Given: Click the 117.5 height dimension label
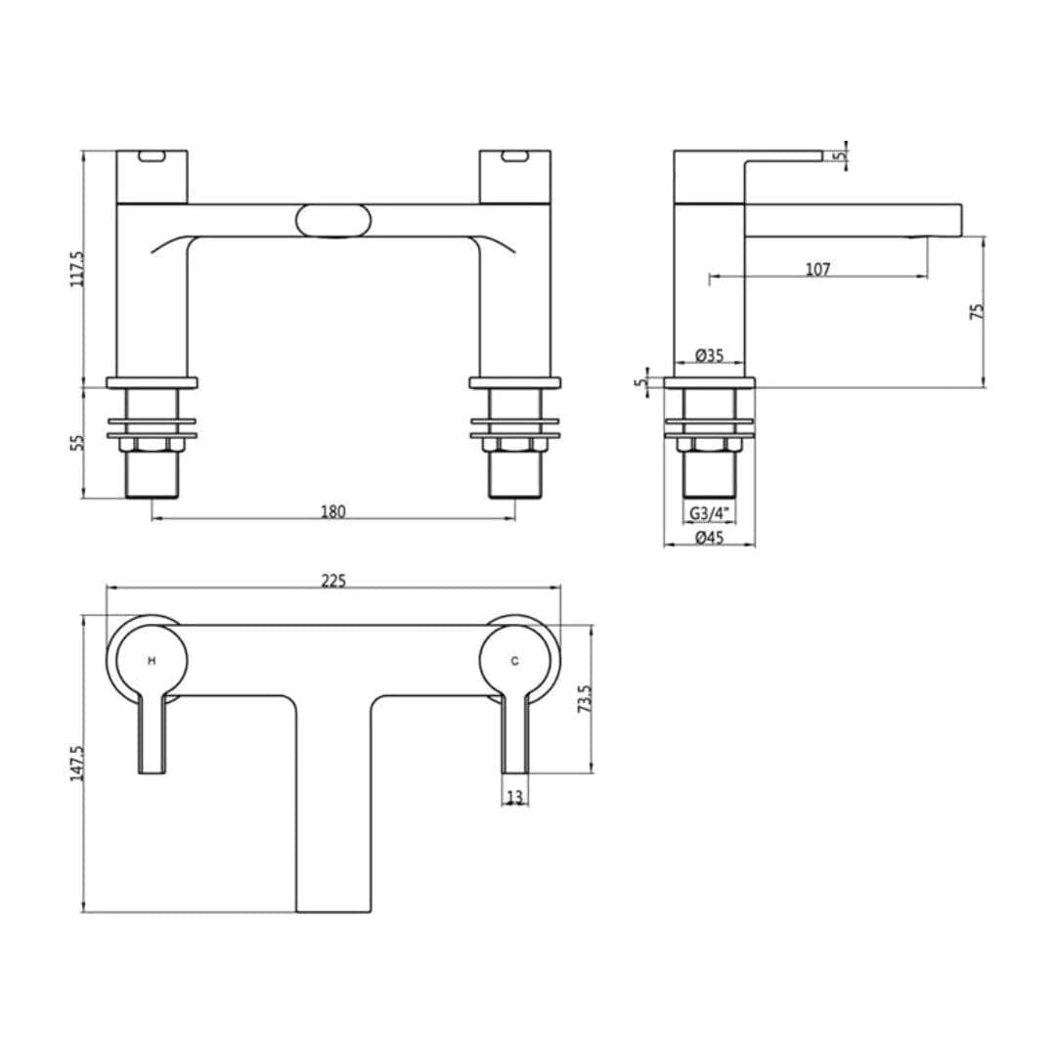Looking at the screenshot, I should (x=79, y=269).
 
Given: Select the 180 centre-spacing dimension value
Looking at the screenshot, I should (x=333, y=511).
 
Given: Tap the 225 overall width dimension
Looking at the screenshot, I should (x=333, y=581).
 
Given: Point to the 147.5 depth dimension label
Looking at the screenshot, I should (x=78, y=764).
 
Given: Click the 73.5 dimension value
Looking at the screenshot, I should (x=586, y=700).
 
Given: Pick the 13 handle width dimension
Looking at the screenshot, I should (x=515, y=797).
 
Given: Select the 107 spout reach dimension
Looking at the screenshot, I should (x=817, y=269).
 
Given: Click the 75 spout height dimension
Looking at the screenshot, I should (x=977, y=312).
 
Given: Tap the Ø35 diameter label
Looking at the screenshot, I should (x=709, y=356).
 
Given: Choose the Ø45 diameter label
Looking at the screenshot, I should (x=709, y=538).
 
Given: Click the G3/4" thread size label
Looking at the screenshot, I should (x=709, y=513).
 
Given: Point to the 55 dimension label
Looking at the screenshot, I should (x=79, y=442).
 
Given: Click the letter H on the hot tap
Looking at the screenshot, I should (x=152, y=661).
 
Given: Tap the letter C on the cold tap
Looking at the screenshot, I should (x=515, y=661).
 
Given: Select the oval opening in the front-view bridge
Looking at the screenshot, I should (x=333, y=220).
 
